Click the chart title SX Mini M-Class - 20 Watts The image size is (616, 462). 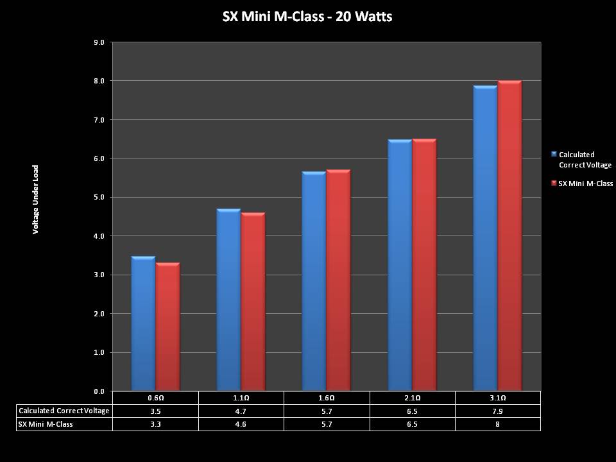[307, 17]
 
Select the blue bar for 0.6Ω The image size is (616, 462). [143, 324]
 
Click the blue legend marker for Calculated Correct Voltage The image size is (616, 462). [554, 154]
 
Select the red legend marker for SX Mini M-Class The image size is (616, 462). [554, 184]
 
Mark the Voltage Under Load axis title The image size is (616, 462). [36, 199]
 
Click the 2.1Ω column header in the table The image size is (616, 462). [412, 398]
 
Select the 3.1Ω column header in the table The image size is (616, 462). [497, 398]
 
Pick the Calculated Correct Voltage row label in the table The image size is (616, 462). [64, 411]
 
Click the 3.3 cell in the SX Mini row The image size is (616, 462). [155, 424]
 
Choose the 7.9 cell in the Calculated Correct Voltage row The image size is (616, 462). [497, 411]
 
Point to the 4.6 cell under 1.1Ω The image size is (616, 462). [241, 424]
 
